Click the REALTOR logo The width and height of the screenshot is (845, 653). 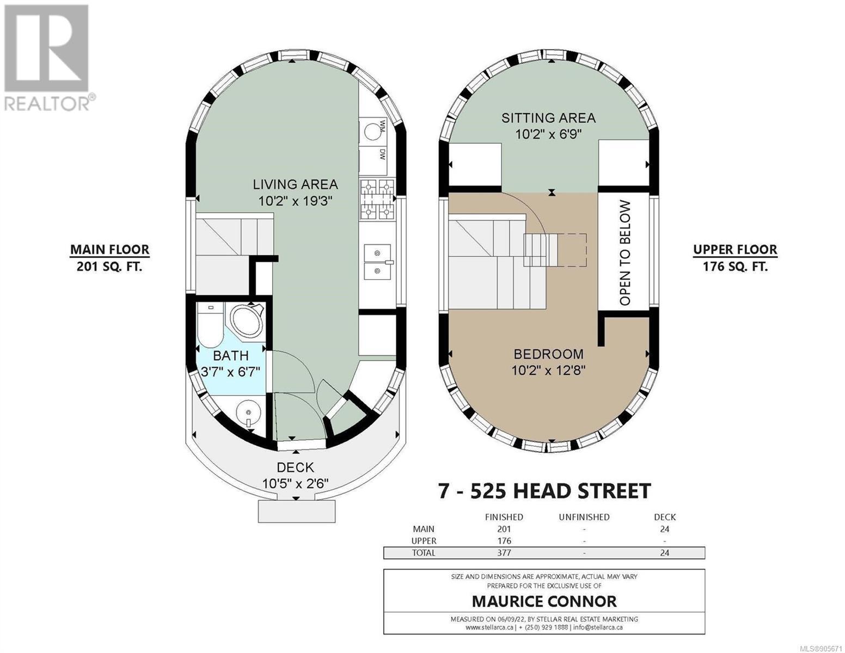49,58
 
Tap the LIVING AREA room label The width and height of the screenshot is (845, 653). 295,184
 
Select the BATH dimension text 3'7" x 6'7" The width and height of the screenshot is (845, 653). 231,372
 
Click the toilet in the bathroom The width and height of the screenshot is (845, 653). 210,325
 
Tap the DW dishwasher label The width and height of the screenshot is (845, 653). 382,156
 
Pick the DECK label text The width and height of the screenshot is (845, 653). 295,467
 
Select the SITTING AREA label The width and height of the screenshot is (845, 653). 548,118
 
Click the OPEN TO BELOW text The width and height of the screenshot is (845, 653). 624,253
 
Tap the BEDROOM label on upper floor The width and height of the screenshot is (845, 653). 548,354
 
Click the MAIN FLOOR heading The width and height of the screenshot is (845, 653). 109,249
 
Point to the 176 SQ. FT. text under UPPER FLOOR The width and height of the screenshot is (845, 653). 735,267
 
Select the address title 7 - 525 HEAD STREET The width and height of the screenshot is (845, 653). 544,491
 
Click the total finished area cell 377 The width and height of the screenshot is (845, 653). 504,553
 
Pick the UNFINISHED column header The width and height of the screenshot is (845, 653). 584,517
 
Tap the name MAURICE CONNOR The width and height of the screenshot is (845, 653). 544,601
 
